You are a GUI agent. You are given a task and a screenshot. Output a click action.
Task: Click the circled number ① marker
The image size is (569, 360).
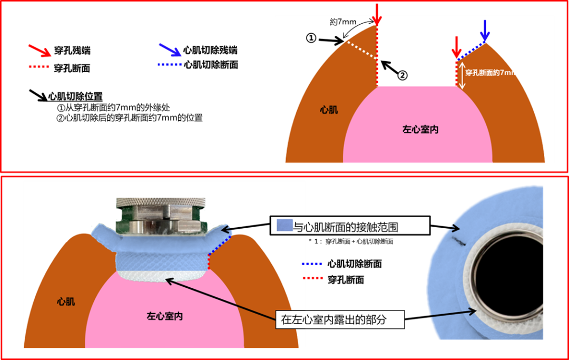pos(311,38)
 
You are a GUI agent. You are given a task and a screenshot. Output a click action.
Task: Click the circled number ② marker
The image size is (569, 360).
pos(402,75)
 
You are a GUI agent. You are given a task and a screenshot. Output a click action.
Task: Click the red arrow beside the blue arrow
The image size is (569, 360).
pos(457,47)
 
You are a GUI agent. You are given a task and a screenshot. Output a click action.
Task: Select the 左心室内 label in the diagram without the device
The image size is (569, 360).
pos(420,129)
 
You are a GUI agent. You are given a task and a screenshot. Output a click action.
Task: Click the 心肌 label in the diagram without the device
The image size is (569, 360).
pos(329,110)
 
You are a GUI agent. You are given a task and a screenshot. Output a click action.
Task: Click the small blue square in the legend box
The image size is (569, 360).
pos(284,226)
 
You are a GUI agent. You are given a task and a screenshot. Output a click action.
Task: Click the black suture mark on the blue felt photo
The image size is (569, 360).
pos(457,241)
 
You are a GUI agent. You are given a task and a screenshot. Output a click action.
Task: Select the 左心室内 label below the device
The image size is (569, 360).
pos(164,316)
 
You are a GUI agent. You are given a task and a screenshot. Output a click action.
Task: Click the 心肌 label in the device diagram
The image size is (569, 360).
pos(66,301)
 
